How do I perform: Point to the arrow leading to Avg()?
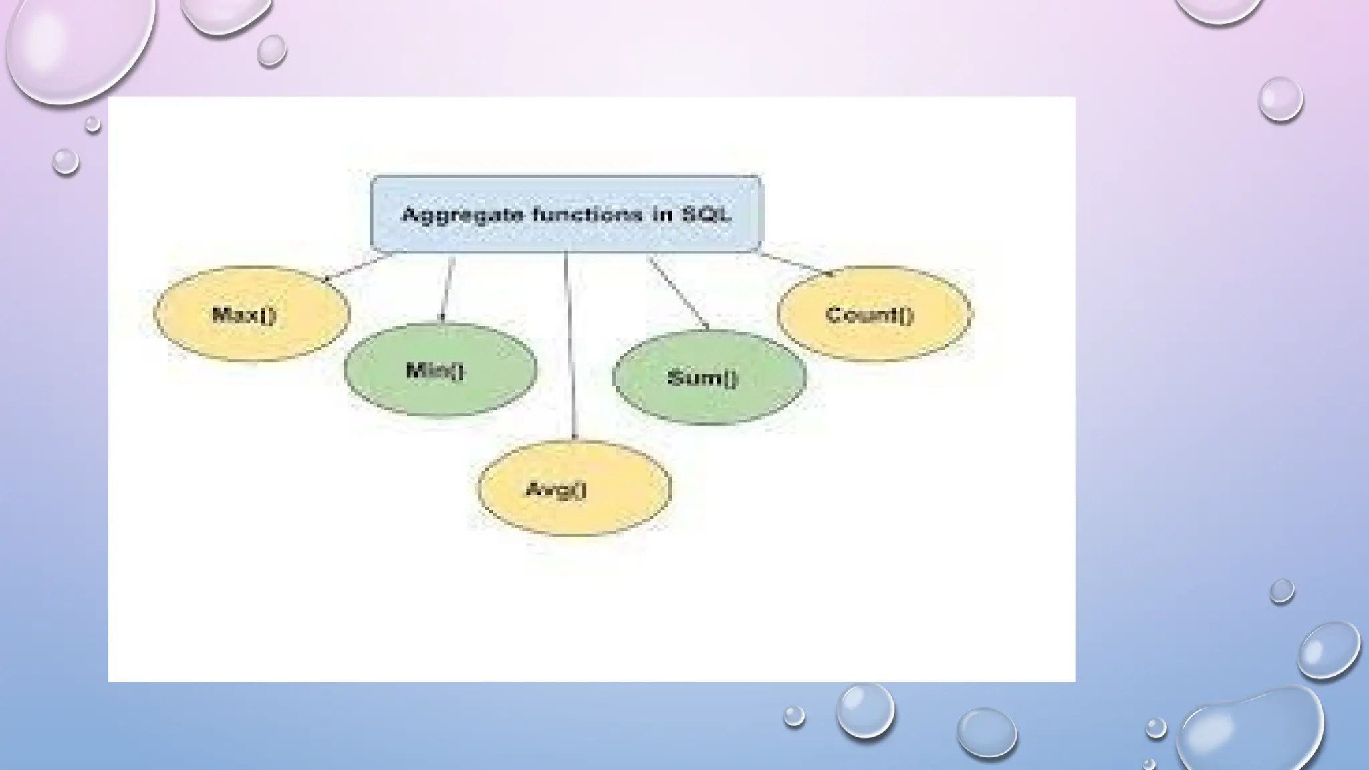[x=569, y=348]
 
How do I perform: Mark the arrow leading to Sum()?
[x=678, y=293]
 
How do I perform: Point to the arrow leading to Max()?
[x=358, y=267]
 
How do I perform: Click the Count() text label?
[x=869, y=315]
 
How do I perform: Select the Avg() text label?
[x=556, y=490]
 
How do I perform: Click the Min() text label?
[x=434, y=370]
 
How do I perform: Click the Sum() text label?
[x=703, y=378]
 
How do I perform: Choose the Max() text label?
[x=244, y=315]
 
